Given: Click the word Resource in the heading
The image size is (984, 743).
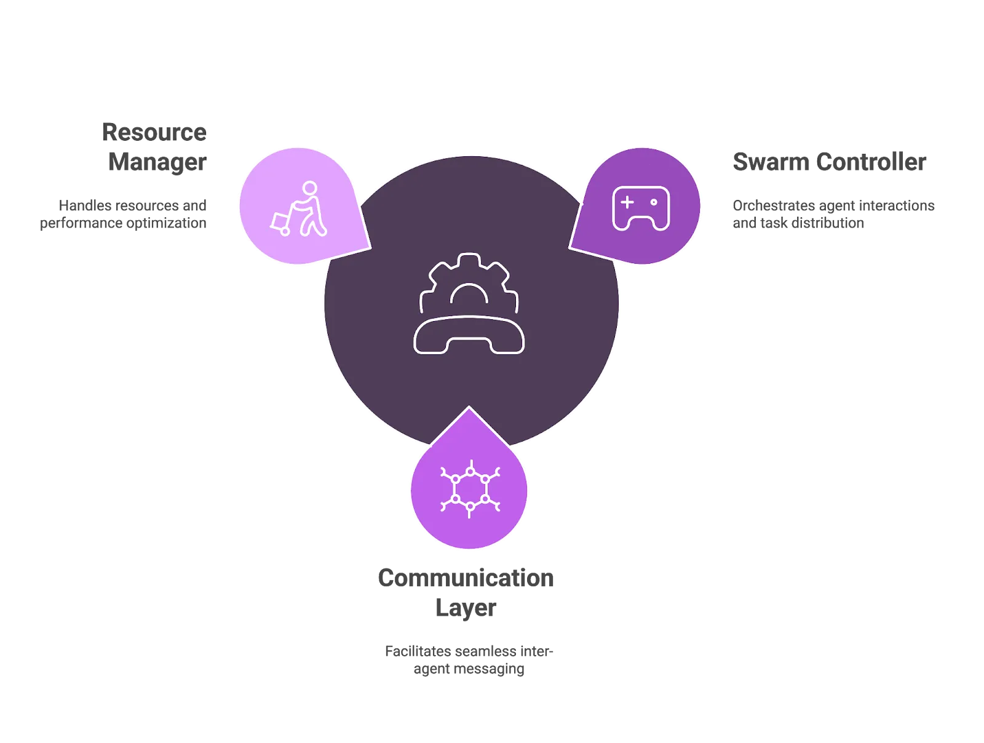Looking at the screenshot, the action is click(x=154, y=132).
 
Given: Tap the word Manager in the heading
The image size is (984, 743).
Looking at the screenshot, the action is click(x=157, y=162).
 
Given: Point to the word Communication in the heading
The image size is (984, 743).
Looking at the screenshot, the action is click(x=466, y=578).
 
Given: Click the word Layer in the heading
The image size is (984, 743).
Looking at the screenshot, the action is click(x=466, y=608).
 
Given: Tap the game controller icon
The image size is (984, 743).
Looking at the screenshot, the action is click(x=641, y=209).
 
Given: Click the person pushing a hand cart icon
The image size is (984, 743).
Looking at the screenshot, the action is click(x=300, y=209).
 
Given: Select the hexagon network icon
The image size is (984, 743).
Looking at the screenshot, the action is click(x=470, y=489).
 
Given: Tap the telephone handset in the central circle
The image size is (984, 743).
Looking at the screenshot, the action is click(x=469, y=335).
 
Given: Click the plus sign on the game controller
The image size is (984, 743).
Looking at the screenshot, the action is click(x=627, y=202).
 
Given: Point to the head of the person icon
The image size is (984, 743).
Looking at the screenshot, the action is click(x=310, y=188).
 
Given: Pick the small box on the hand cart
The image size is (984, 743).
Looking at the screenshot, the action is click(x=280, y=221).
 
